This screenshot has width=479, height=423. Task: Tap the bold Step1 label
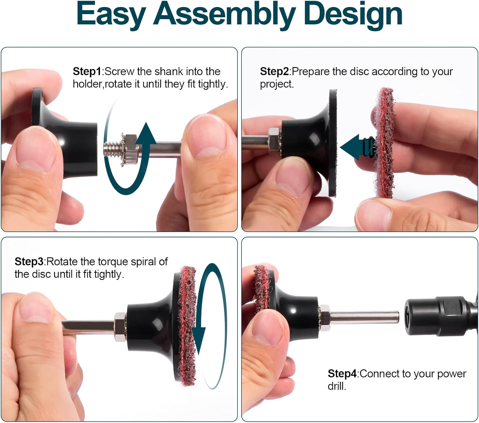pos(87,72)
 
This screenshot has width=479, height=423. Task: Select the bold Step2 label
pos(274,72)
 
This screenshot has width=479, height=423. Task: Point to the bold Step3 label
pos(29,262)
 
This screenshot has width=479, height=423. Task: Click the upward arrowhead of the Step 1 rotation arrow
pos(146,134)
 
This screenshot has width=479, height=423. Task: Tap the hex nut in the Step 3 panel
pos(120,327)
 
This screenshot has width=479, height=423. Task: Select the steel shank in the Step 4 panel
pos(364,317)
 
